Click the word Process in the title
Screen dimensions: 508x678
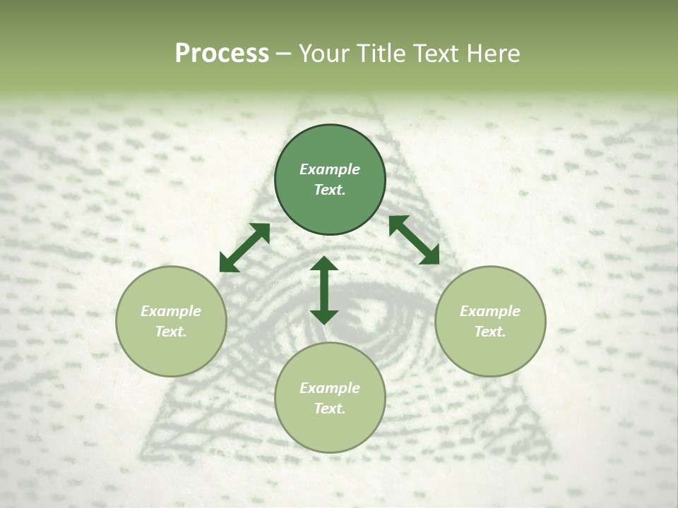click(x=222, y=54)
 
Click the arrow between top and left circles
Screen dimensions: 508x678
click(x=244, y=248)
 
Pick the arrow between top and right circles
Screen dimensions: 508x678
click(x=414, y=240)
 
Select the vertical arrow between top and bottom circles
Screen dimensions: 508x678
click(x=324, y=290)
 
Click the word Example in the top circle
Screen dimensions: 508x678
click(x=330, y=169)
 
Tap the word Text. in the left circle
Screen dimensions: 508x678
click(x=171, y=332)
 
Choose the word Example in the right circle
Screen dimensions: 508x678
click(x=490, y=311)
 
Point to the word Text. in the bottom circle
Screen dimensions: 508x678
click(x=330, y=409)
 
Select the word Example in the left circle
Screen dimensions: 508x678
click(x=171, y=311)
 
